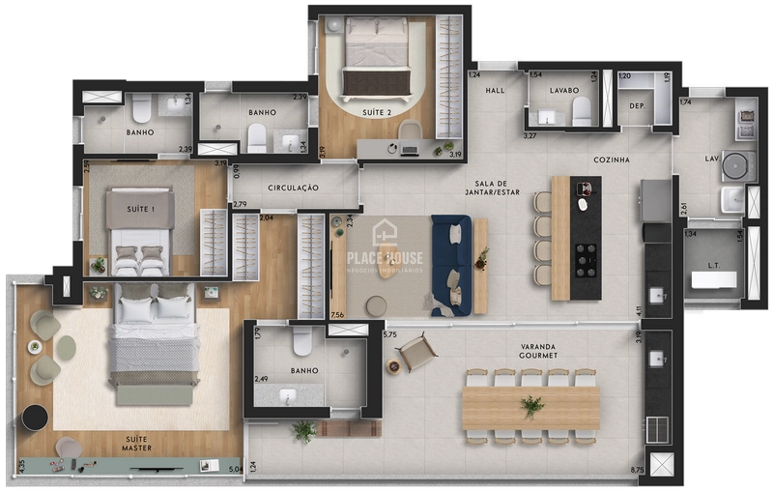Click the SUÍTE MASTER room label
(135, 444)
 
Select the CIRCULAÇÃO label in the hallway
(294, 188)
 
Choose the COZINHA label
(613, 159)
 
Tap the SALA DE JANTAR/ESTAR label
(498, 188)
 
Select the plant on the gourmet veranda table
(531, 406)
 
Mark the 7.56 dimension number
(337, 315)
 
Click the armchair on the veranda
(416, 352)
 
